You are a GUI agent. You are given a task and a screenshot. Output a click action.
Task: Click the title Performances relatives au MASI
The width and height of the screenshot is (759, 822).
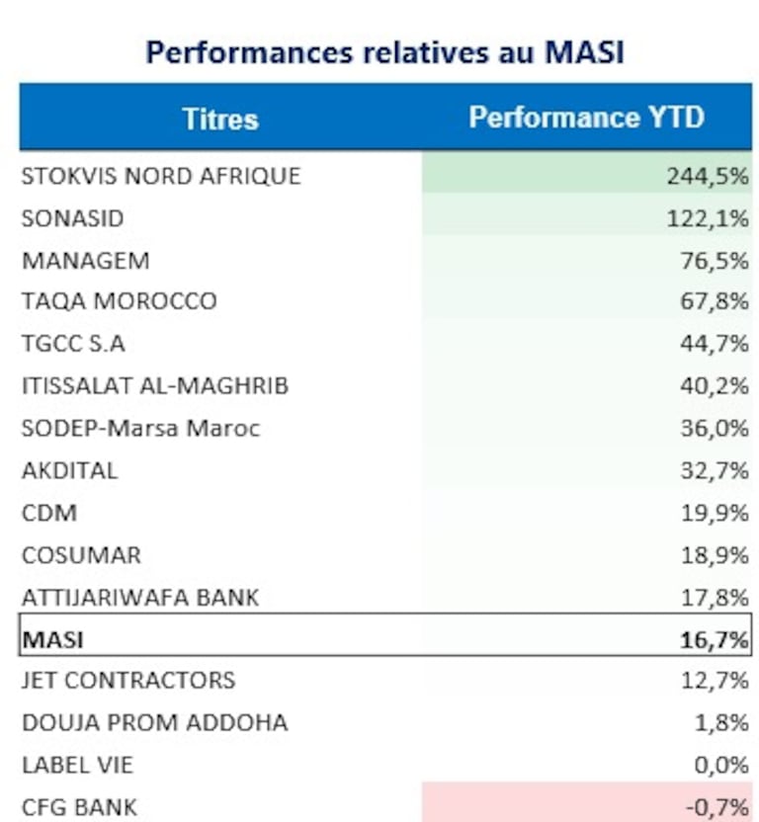click(384, 52)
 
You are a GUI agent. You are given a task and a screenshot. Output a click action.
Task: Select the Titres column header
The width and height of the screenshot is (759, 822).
click(219, 119)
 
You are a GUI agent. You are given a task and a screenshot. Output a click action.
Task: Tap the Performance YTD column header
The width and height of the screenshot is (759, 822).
click(586, 118)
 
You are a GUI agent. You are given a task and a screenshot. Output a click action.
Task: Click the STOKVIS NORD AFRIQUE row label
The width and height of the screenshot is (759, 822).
click(160, 176)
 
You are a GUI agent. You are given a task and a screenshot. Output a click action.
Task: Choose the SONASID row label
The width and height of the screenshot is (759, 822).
click(72, 218)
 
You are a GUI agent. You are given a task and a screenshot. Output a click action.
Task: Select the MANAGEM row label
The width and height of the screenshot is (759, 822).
click(85, 261)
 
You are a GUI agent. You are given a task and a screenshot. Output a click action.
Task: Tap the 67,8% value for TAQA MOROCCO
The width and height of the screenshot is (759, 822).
click(715, 301)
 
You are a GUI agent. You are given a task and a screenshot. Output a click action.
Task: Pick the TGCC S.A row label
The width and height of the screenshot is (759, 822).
click(73, 344)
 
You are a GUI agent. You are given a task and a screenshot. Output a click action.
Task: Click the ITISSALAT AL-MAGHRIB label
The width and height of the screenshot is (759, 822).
click(154, 386)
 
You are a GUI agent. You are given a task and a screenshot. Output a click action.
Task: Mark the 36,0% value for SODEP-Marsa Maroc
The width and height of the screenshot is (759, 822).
click(715, 429)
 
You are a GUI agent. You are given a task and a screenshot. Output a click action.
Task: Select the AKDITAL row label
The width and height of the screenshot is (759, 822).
click(69, 470)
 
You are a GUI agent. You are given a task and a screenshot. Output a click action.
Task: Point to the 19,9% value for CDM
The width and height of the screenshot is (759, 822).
click(715, 513)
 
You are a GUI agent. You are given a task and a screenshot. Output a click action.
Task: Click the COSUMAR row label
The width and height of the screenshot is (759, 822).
click(81, 554)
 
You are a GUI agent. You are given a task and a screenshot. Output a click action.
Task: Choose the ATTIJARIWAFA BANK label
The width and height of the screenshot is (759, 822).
click(139, 597)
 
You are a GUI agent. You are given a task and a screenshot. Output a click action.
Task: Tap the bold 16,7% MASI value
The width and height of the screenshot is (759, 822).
click(715, 639)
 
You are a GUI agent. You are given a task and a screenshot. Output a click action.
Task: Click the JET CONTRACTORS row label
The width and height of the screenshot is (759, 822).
click(127, 681)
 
